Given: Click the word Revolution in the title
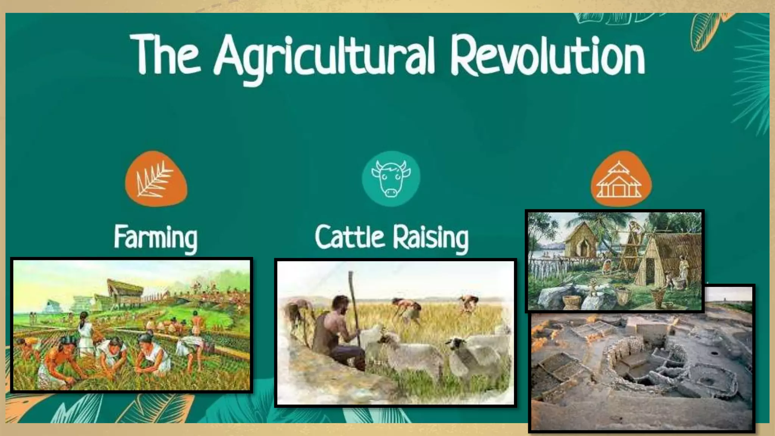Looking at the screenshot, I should click(x=547, y=56).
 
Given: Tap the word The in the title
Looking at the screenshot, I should click(x=165, y=55).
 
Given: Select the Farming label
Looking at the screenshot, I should click(x=156, y=237).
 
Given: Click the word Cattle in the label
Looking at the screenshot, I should click(x=349, y=237).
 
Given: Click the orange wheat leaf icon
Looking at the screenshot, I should click(x=156, y=179).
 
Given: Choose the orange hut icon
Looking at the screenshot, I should click(x=621, y=179).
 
